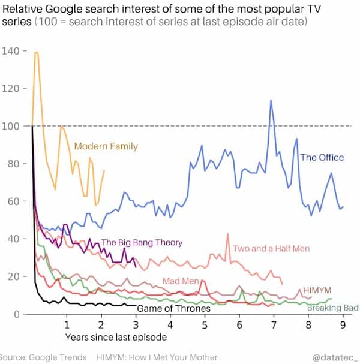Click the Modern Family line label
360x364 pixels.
106,146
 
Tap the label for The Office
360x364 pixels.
322,157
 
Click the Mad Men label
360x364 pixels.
181,281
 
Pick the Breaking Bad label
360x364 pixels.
332,308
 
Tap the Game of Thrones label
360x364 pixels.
173,309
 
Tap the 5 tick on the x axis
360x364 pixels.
205,325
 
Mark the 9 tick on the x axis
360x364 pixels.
343,325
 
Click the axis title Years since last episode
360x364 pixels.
108,338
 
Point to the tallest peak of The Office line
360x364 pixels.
271,100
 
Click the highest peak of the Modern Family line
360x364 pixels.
37,53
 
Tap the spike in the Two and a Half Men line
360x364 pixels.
228,234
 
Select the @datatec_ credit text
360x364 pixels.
335,357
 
